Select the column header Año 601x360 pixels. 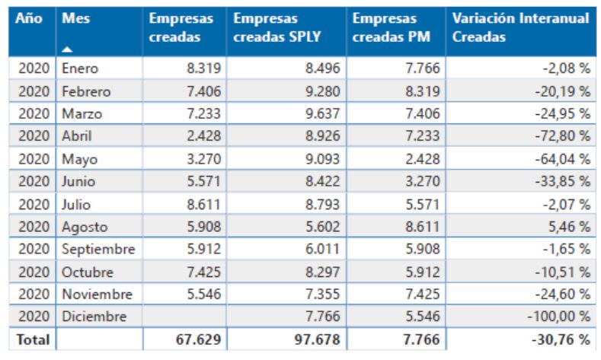click(x=28, y=19)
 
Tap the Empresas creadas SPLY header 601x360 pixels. click(x=276, y=28)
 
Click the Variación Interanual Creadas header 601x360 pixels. click(x=520, y=28)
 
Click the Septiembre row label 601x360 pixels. click(x=99, y=249)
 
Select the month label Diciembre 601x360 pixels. click(x=94, y=317)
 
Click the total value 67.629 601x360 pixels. click(x=194, y=339)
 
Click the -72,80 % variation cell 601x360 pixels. click(x=563, y=136)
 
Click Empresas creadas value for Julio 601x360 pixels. click(x=202, y=204)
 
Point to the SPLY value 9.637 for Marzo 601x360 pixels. click(x=321, y=114)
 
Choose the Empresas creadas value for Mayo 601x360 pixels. click(x=202, y=159)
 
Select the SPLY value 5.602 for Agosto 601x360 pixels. click(x=321, y=227)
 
